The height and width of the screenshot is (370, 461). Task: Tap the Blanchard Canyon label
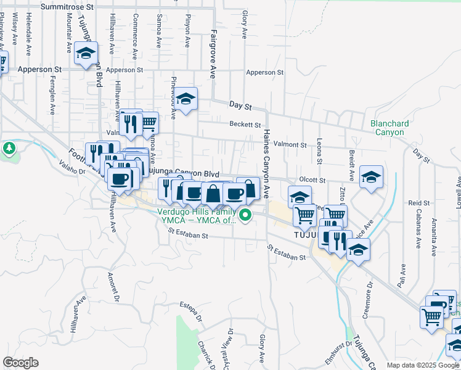tap(390, 128)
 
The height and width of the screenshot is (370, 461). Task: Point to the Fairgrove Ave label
tap(213, 53)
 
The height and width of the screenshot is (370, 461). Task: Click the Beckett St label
tap(245, 124)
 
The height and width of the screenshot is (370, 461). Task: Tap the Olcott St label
tap(312, 179)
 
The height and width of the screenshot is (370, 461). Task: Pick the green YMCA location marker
tap(245, 215)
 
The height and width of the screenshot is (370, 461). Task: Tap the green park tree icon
tap(9, 148)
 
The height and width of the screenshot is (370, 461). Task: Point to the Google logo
tap(20, 363)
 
